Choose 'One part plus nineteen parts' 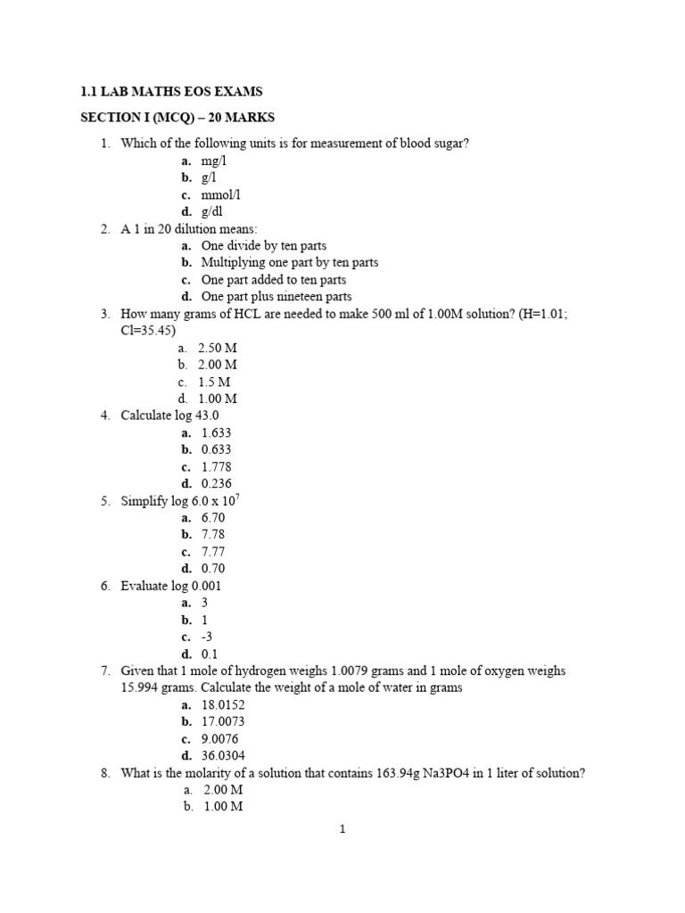point(276,297)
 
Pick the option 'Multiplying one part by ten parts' point(289,263)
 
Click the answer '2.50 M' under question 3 point(217,348)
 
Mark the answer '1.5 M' point(213,382)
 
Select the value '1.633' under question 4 point(216,432)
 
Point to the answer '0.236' point(216,483)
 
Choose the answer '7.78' point(213,535)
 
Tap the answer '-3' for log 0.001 point(207,637)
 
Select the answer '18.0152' point(222,704)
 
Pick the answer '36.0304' point(222,755)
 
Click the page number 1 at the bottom point(342,829)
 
